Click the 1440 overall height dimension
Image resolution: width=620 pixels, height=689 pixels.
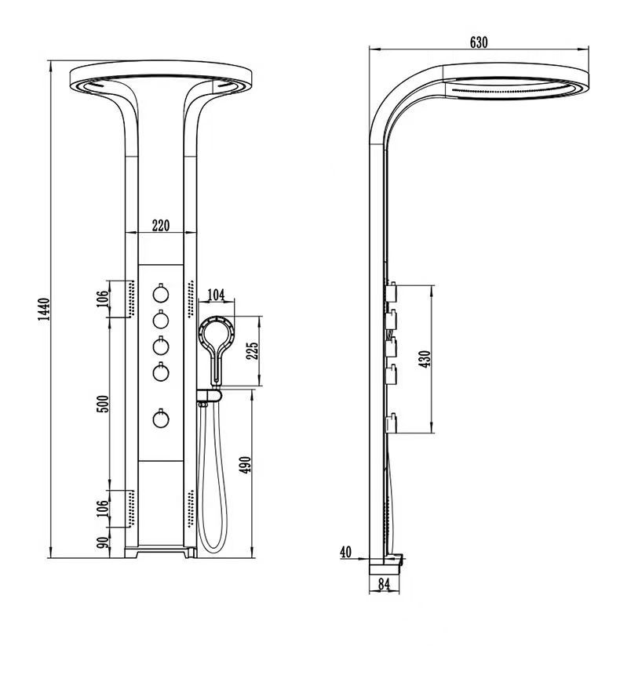(x=45, y=310)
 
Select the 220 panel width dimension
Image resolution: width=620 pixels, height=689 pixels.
(x=160, y=226)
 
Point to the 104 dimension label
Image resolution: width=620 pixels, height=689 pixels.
(x=215, y=296)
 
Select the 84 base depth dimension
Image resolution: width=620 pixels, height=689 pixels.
(x=384, y=583)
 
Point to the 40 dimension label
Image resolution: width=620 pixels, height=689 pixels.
(x=345, y=551)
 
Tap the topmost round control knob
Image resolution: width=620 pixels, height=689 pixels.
(x=161, y=295)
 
